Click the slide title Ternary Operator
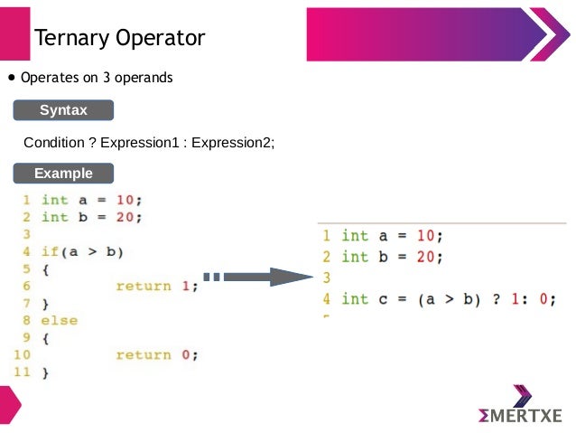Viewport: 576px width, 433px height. [119, 38]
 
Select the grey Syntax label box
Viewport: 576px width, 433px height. [63, 110]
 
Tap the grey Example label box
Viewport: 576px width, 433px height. [63, 173]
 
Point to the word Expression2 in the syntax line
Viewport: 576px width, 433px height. [232, 143]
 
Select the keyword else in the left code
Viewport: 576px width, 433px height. [60, 320]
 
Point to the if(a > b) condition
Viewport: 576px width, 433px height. [82, 251]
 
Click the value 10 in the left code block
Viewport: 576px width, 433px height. [127, 200]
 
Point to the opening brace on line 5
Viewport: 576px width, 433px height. [46, 268]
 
